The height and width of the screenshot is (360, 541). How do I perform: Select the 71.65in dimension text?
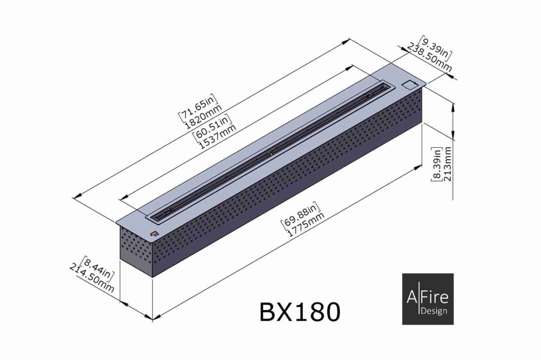point(198,106)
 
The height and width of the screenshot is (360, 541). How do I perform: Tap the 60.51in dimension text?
point(212,125)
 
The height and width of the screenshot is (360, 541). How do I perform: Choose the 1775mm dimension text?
point(306,224)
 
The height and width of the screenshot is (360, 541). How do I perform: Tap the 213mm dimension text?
point(447,164)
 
